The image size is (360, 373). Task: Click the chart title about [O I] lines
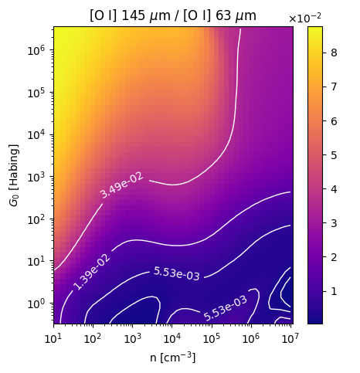[x=173, y=16]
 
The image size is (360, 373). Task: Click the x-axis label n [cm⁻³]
[x=173, y=357]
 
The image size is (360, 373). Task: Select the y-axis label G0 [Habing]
[x=14, y=175]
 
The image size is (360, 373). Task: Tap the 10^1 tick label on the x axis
[x=53, y=338]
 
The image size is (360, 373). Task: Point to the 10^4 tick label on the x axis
[x=172, y=338]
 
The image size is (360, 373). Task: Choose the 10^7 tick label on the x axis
[x=290, y=338]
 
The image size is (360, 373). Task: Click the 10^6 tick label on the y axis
[x=36, y=49]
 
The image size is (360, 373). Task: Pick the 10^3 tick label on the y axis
[x=36, y=177]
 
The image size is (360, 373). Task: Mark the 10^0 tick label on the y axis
[x=36, y=303]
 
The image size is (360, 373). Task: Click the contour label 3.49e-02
[x=122, y=185]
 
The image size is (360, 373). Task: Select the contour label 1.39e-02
[x=92, y=272]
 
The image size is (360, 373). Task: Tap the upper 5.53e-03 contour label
[x=177, y=273]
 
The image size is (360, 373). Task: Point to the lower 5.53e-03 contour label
[x=226, y=308]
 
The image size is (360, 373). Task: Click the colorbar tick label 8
[x=334, y=53]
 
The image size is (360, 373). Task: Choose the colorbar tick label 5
[x=334, y=155]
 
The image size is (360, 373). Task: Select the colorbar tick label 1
[x=334, y=291]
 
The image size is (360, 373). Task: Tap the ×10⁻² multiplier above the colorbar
[x=305, y=19]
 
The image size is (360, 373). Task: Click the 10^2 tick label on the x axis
[x=93, y=338]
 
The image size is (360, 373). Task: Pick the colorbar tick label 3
[x=334, y=223]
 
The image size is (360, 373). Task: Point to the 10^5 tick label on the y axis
[x=36, y=92]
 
